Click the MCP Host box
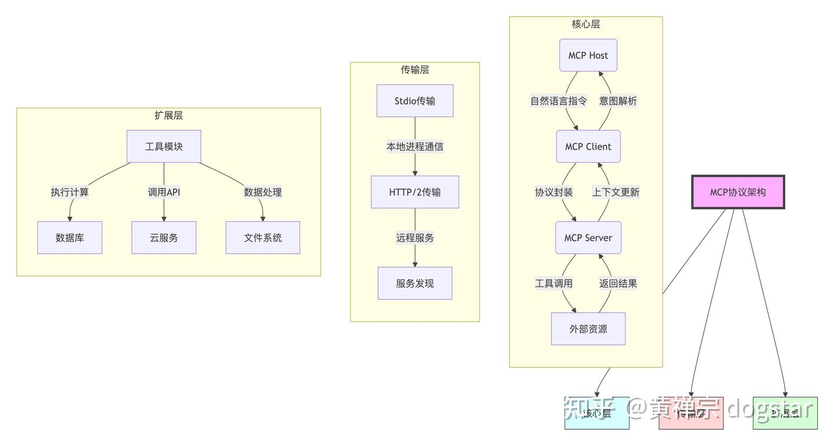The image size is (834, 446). tap(588, 56)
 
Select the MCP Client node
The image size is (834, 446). tap(588, 147)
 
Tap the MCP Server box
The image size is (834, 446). tap(588, 237)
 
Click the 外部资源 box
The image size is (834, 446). tap(588, 329)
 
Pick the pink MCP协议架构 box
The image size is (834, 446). tap(738, 192)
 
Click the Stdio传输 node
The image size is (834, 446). tap(415, 101)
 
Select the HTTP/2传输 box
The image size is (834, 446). tap(415, 192)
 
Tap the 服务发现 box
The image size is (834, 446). tap(415, 283)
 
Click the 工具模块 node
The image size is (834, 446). tap(164, 147)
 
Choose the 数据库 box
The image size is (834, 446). tap(69, 237)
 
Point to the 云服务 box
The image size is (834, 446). tap(164, 237)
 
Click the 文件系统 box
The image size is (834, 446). tap(262, 237)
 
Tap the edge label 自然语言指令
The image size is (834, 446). tap(558, 101)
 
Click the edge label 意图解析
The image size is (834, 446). tap(618, 101)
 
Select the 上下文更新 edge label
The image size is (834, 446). tap(616, 192)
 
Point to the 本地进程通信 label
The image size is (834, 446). tap(415, 147)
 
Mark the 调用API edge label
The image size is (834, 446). tap(164, 192)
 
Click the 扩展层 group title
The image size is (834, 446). tap(169, 115)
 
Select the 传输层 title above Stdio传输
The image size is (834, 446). tap(415, 70)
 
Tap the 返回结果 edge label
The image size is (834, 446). tap(618, 283)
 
